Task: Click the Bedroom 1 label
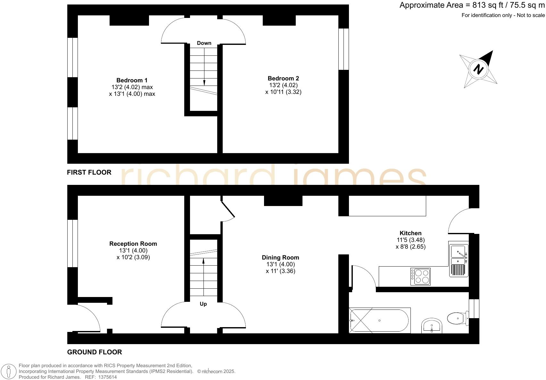coord(132,80)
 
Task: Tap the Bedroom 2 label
coord(283,78)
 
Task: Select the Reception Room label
coord(133,244)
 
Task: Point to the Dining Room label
coord(280,257)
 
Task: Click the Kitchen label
coord(410,233)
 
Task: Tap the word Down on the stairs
coord(204,43)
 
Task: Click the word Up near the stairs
coord(203,304)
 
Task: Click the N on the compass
coord(478,69)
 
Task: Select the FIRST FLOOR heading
coord(89,172)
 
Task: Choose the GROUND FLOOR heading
coord(95,352)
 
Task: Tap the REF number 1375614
coord(108,377)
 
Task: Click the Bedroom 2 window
coord(343,49)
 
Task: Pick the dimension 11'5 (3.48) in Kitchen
coord(410,240)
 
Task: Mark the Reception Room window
coord(72,243)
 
